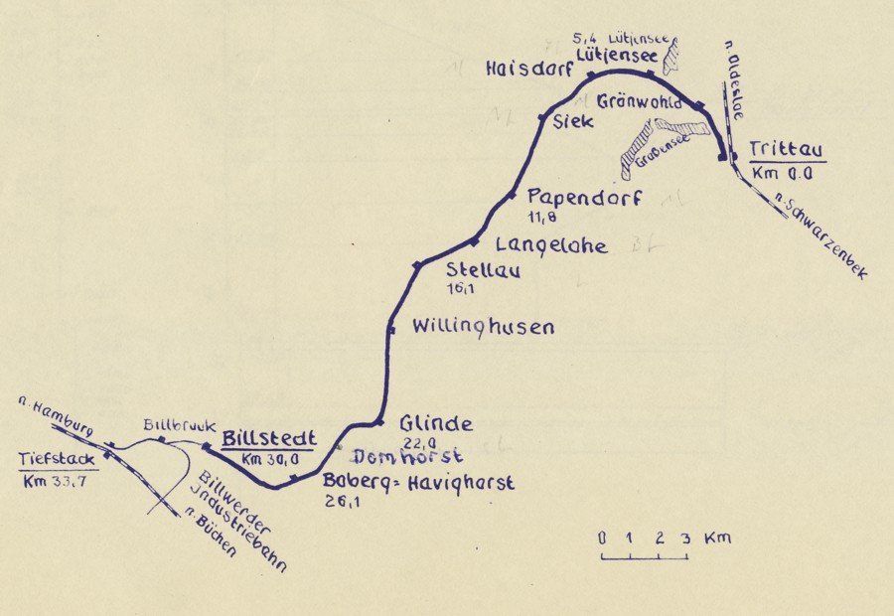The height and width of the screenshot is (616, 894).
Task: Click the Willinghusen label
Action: pyautogui.click(x=483, y=326)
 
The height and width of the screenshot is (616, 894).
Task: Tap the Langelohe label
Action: pyautogui.click(x=551, y=243)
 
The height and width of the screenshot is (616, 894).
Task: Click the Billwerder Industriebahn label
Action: pyautogui.click(x=238, y=519)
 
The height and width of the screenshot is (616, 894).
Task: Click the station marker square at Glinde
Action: pyautogui.click(x=379, y=422)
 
